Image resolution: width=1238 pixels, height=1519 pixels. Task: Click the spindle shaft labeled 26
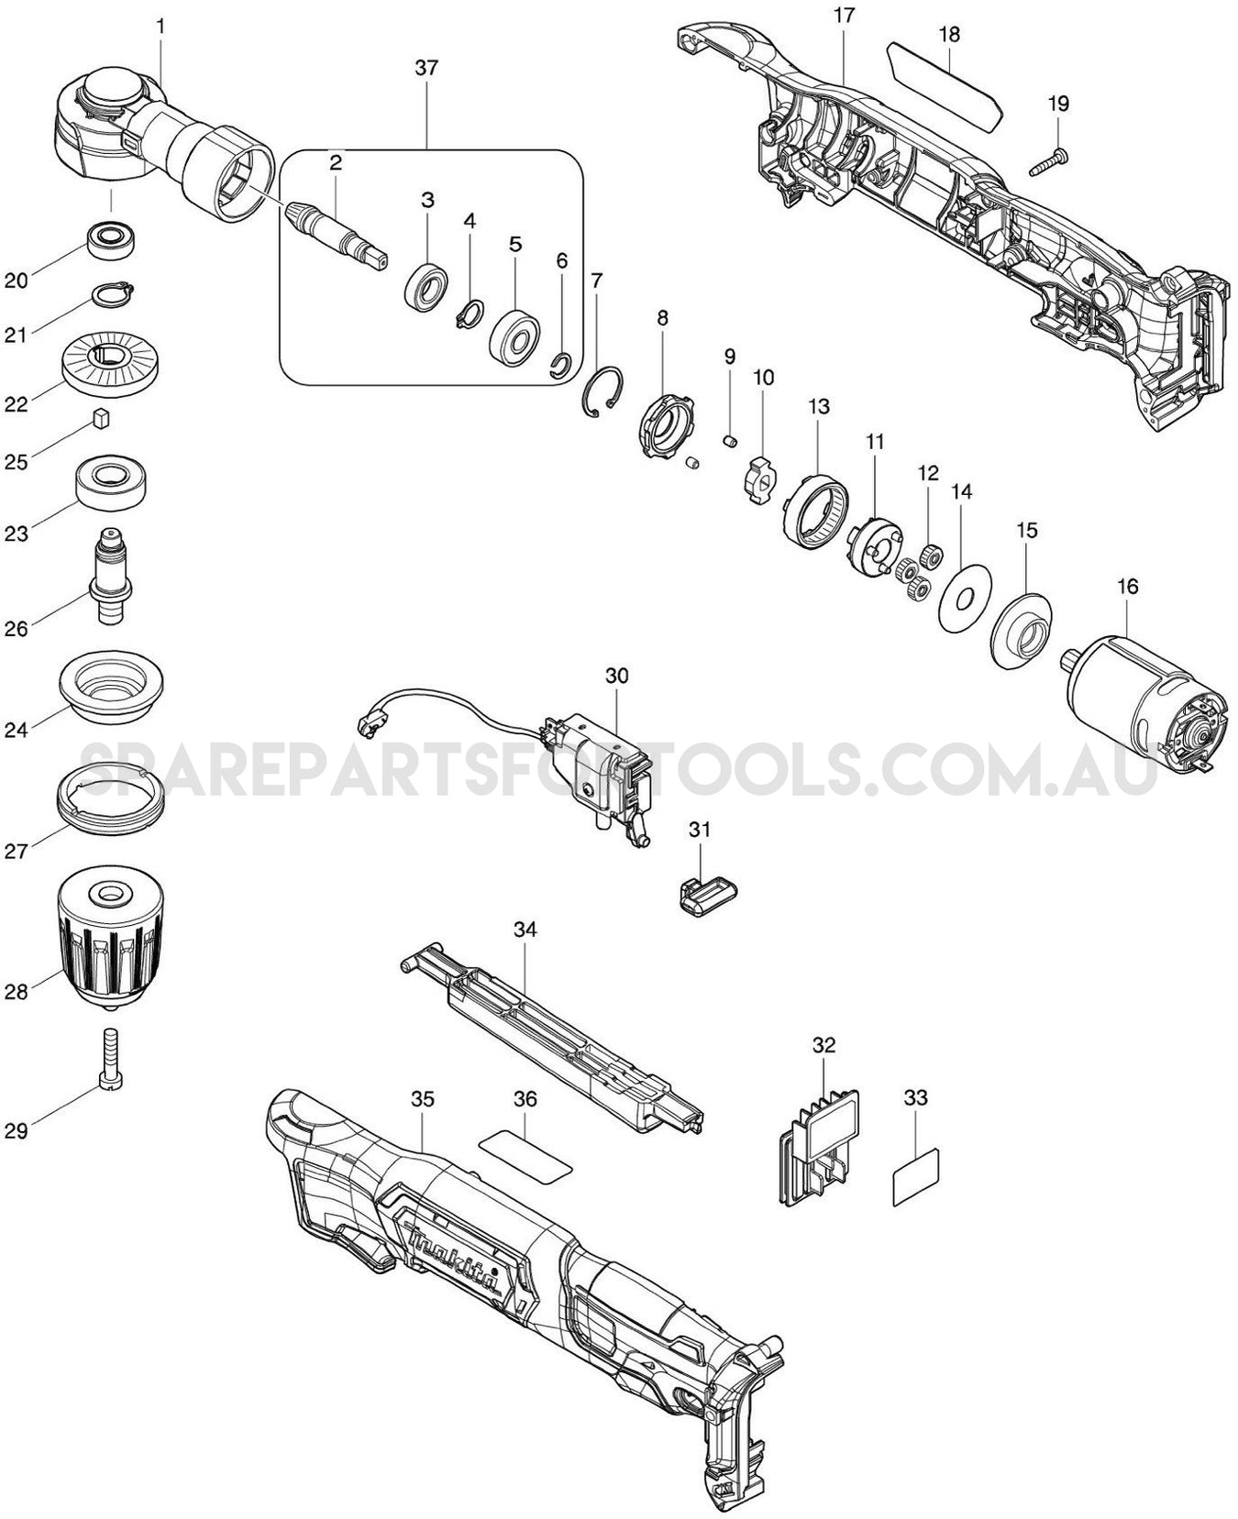point(108,575)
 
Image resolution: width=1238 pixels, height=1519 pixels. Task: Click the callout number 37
point(426,69)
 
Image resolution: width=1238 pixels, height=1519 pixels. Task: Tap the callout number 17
point(844,16)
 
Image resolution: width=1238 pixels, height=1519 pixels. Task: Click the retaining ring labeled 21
point(115,292)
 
